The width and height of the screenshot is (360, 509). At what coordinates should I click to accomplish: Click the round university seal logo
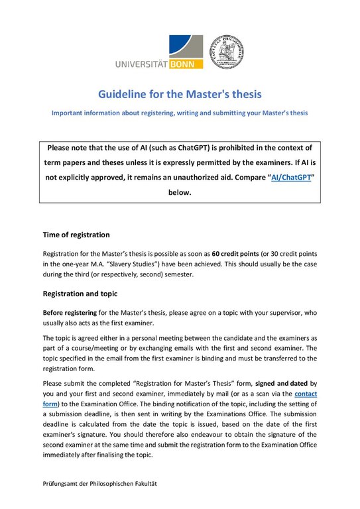[229, 52]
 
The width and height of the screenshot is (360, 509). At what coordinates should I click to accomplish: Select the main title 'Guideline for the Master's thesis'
[180, 94]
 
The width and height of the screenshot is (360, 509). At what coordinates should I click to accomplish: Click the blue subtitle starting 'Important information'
[179, 113]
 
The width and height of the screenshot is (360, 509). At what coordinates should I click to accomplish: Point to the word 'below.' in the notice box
[180, 193]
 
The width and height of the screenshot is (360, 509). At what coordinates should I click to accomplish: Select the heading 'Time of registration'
[76, 235]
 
